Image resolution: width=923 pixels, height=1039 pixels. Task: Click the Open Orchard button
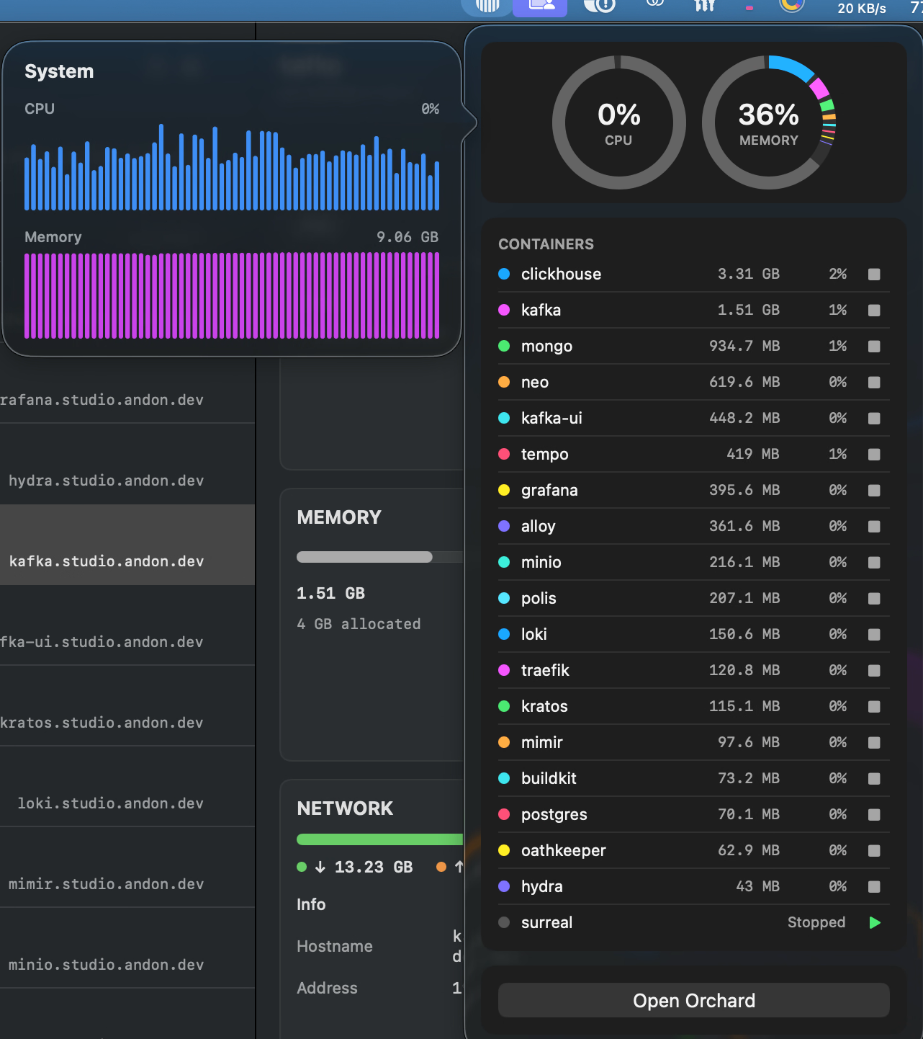click(693, 1000)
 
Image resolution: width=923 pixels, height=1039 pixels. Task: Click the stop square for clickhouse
click(874, 275)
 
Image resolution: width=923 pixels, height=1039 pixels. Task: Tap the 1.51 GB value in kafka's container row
click(748, 310)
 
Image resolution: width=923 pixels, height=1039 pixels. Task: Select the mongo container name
click(546, 346)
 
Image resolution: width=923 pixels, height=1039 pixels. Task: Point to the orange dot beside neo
click(504, 382)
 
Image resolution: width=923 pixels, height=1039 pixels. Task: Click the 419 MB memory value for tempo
click(752, 454)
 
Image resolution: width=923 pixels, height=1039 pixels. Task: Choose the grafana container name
click(549, 490)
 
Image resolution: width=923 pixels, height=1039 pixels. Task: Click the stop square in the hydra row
click(874, 887)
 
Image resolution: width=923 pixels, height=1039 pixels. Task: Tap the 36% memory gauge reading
click(768, 115)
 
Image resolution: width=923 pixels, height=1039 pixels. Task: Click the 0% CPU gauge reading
click(618, 115)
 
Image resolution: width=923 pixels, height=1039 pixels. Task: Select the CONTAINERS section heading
click(546, 244)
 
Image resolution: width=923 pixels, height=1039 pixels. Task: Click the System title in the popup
click(59, 71)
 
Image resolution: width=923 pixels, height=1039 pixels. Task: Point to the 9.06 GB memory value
click(408, 237)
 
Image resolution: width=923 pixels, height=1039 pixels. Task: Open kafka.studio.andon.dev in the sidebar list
click(107, 561)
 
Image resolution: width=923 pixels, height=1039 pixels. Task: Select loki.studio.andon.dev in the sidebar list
click(111, 803)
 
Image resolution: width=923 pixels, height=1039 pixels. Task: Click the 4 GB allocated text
click(359, 624)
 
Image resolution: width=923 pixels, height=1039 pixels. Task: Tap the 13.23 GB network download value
click(373, 868)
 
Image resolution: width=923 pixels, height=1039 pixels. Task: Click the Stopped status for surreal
click(816, 922)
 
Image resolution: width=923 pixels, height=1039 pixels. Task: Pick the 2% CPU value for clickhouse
click(837, 274)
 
